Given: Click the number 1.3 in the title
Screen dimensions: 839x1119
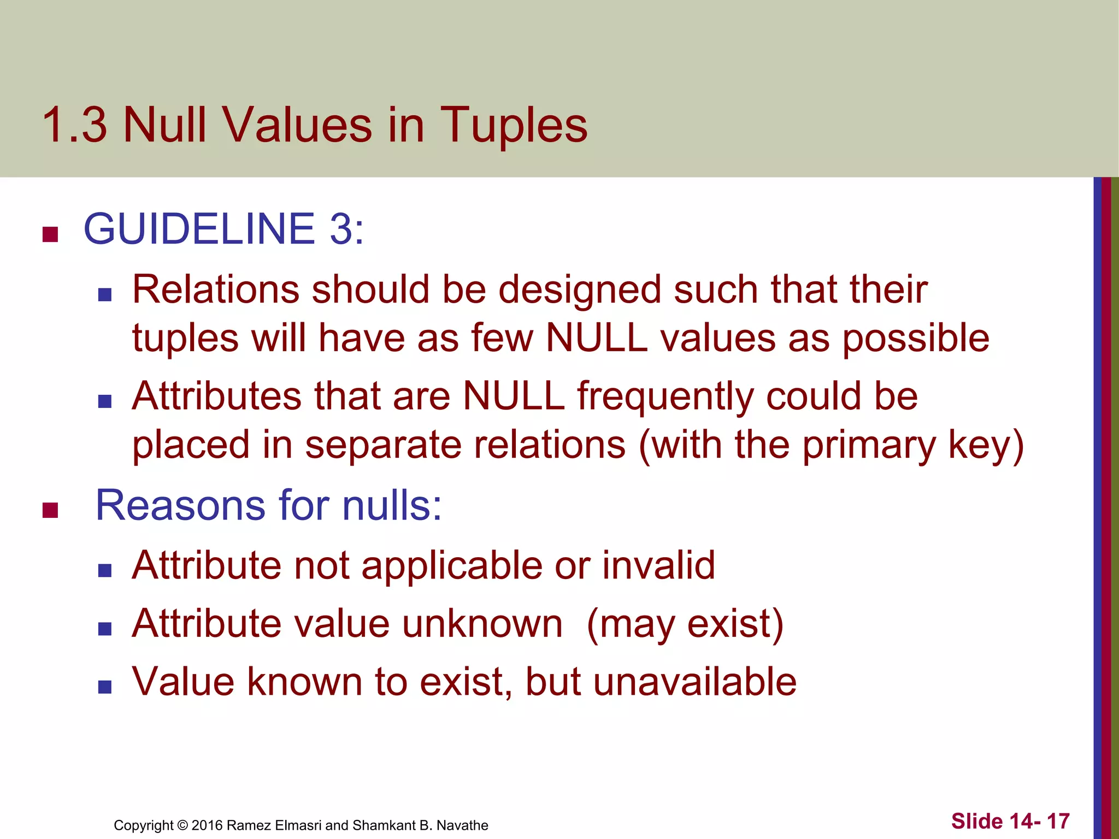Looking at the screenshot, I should [x=74, y=126].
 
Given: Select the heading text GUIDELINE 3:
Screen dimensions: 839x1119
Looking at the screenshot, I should [x=223, y=229].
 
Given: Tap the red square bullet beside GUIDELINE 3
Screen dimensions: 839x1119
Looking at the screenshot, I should [x=50, y=234].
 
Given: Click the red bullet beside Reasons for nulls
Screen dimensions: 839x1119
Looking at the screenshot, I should [x=50, y=510].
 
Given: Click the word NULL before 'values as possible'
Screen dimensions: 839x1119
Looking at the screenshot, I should [x=597, y=338].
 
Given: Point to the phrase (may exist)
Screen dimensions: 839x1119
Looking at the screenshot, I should [x=685, y=624].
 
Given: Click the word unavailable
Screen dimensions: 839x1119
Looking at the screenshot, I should [x=694, y=682].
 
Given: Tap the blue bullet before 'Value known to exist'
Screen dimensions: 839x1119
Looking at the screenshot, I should [x=105, y=687].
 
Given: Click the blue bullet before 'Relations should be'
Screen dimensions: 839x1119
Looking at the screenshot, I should [x=105, y=296].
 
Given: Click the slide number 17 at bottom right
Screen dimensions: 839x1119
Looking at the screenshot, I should [x=1058, y=821].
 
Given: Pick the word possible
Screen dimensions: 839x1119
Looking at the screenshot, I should [x=916, y=339].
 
